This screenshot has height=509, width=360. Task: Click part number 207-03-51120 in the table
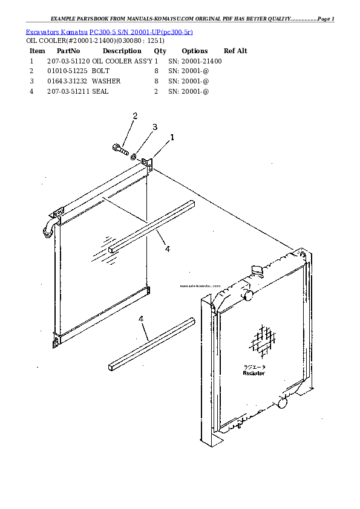coord(68,61)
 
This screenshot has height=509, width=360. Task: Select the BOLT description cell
coord(101,71)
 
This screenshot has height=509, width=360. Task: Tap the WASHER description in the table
coord(106,81)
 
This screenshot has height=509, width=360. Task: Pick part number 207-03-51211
coord(68,91)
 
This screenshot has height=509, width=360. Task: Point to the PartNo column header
coord(68,51)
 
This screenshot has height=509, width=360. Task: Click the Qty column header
coord(160,51)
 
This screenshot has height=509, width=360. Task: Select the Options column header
coord(194,51)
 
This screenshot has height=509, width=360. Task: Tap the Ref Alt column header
coord(235,51)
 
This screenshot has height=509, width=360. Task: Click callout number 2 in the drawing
coord(135,115)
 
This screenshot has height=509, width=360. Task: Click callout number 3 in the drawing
coord(154,127)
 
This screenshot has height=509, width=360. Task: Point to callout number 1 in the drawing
coord(172,137)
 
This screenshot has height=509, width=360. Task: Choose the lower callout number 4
coord(141,319)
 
